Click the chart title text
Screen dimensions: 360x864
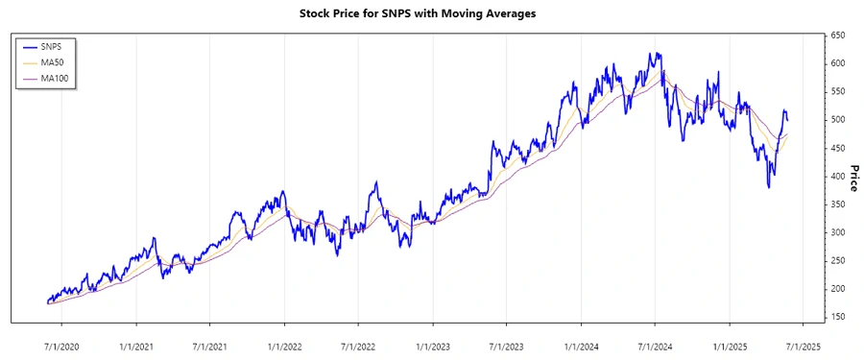click(431, 13)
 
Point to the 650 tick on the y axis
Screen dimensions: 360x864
click(838, 36)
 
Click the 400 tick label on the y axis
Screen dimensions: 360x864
click(838, 176)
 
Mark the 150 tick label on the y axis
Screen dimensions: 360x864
click(838, 317)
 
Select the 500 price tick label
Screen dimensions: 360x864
click(838, 120)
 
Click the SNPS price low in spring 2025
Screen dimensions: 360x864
click(768, 186)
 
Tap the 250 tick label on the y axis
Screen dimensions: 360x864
click(838, 260)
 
